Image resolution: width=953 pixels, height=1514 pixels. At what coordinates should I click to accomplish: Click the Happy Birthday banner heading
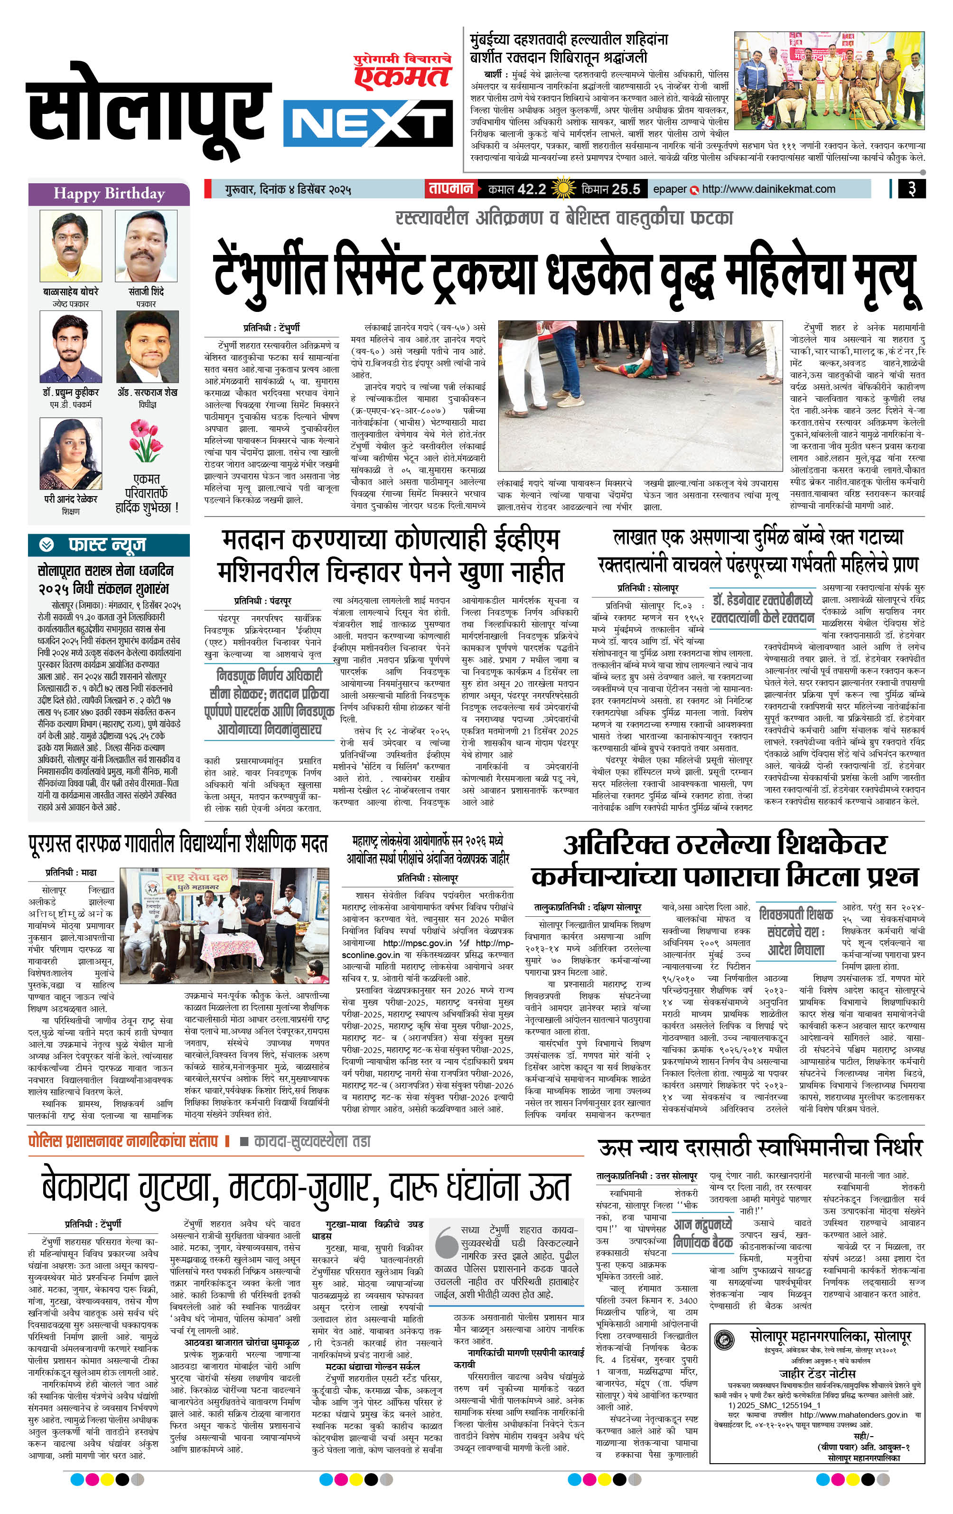tap(109, 194)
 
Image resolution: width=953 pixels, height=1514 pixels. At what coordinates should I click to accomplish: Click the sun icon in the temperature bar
tap(562, 188)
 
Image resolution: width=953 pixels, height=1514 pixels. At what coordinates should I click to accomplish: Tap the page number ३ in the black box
tap(911, 188)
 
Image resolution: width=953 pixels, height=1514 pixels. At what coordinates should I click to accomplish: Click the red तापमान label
tap(450, 188)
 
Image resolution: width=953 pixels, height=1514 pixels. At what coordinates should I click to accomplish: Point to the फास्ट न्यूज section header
tap(108, 545)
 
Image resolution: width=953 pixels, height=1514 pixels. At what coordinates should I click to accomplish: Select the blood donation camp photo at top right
tap(829, 81)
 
